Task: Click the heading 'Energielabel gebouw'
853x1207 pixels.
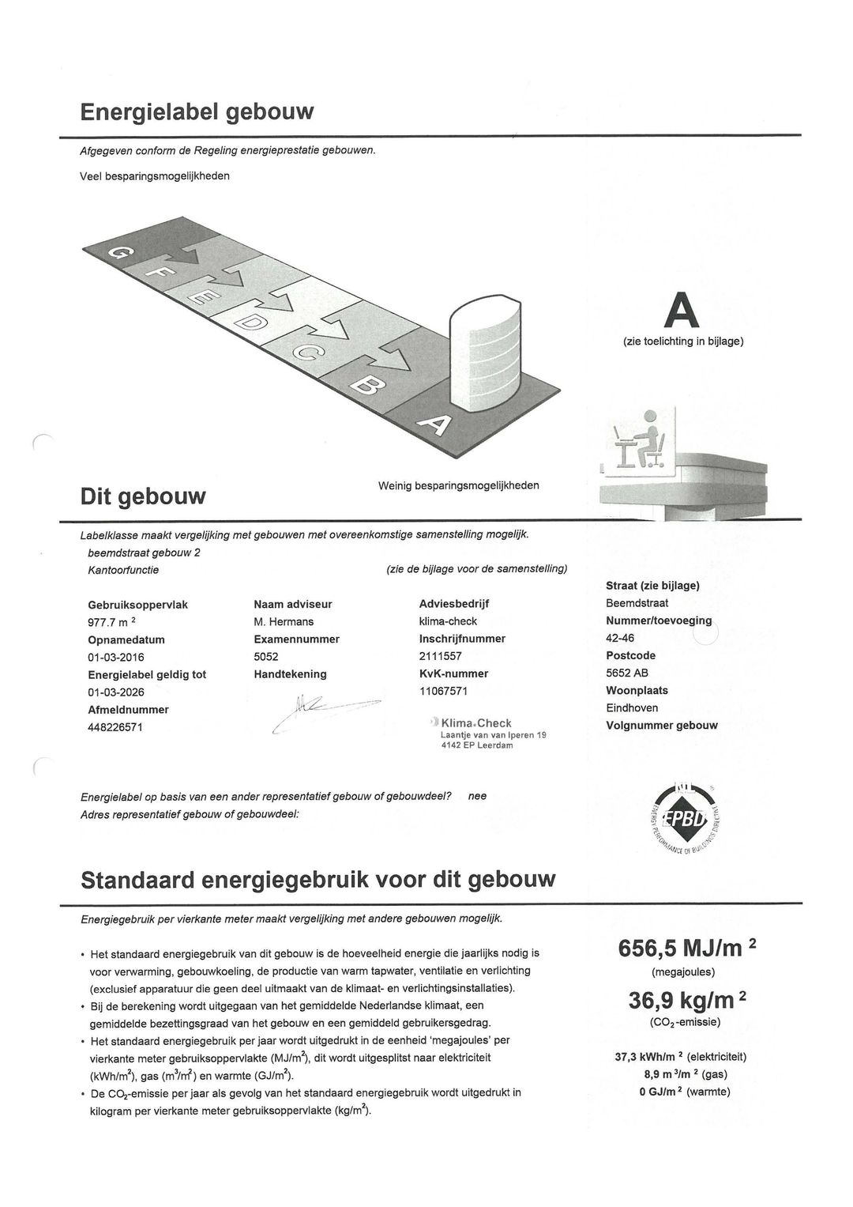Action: (x=197, y=111)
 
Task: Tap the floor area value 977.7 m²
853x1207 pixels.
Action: (x=115, y=622)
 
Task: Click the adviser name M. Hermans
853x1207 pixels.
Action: (x=284, y=622)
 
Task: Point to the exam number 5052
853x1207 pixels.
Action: (x=266, y=657)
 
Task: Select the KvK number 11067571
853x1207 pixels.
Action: (x=443, y=691)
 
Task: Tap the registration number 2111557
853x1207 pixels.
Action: (x=440, y=656)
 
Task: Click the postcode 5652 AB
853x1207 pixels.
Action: (x=632, y=673)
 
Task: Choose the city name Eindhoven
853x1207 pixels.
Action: (x=632, y=708)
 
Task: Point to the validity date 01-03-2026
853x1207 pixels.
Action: (x=116, y=692)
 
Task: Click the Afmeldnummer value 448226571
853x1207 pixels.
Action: (x=115, y=727)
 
